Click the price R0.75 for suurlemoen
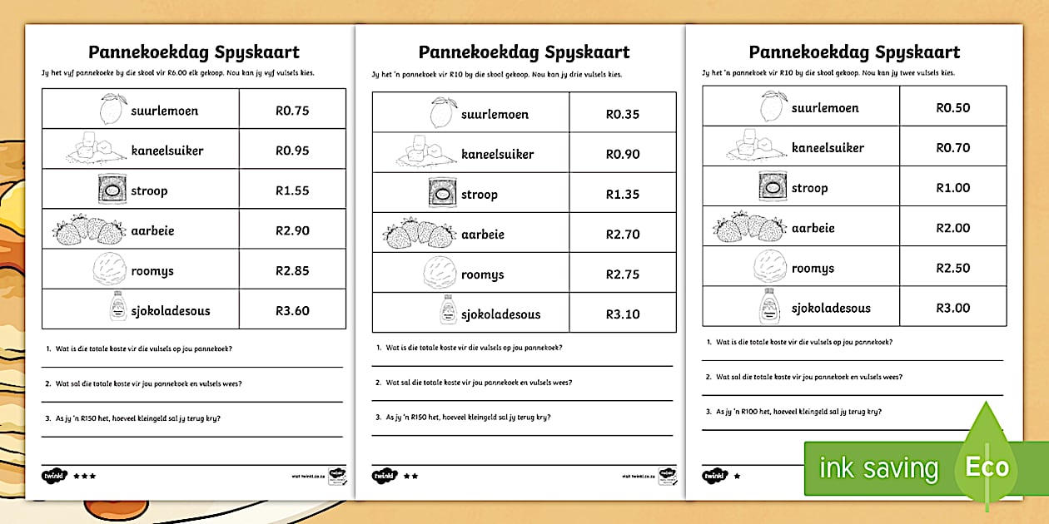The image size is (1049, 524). coord(292,111)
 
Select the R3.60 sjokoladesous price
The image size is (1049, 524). coord(292,311)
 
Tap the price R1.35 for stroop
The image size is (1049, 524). coord(623,195)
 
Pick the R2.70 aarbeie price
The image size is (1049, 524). coord(623,235)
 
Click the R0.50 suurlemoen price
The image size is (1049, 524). coord(953,108)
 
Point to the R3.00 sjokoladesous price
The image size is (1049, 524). coord(953,308)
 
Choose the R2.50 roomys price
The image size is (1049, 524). coord(953,268)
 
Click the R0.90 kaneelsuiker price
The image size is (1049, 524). coord(623,155)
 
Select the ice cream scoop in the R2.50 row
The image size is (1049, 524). coord(770,267)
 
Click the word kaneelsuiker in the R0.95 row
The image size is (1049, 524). coord(167,151)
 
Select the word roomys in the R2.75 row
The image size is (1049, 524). coord(483,274)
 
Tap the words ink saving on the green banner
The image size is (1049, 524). coord(878,468)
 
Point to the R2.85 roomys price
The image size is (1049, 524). coord(292,271)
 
